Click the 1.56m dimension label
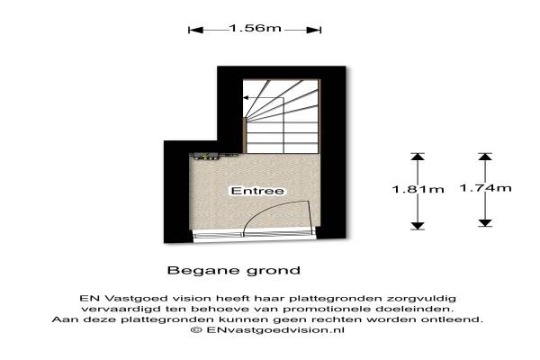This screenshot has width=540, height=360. click(256, 28)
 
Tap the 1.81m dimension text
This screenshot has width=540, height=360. click(418, 189)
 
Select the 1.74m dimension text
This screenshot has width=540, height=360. click(486, 188)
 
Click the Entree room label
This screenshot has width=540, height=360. click(257, 191)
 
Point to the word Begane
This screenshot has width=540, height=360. click(204, 271)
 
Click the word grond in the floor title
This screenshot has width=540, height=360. click(274, 271)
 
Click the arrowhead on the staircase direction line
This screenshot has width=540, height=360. click(246, 98)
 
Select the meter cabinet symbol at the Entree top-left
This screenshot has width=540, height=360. click(205, 157)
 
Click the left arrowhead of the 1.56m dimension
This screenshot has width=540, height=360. click(195, 31)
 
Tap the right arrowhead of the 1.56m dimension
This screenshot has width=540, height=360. click(314, 31)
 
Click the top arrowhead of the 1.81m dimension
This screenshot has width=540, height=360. click(418, 157)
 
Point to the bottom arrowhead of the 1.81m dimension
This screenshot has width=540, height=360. click(418, 226)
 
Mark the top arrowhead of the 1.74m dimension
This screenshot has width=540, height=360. click(485, 157)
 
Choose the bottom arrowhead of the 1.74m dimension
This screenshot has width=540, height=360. click(485, 223)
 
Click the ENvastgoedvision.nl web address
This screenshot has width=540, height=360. click(275, 330)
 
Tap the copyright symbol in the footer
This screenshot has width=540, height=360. click(196, 330)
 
